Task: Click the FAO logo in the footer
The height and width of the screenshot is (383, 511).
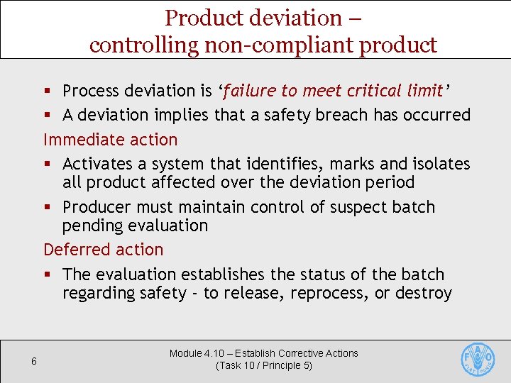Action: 478,360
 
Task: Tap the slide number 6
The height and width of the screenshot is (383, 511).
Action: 33,362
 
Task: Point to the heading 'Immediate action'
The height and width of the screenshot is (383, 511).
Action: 111,139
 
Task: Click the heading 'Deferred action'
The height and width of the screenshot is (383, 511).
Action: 104,250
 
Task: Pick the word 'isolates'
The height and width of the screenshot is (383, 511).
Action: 440,164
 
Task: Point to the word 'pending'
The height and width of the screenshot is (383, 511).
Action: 90,226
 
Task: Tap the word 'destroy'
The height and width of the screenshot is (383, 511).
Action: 424,293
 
